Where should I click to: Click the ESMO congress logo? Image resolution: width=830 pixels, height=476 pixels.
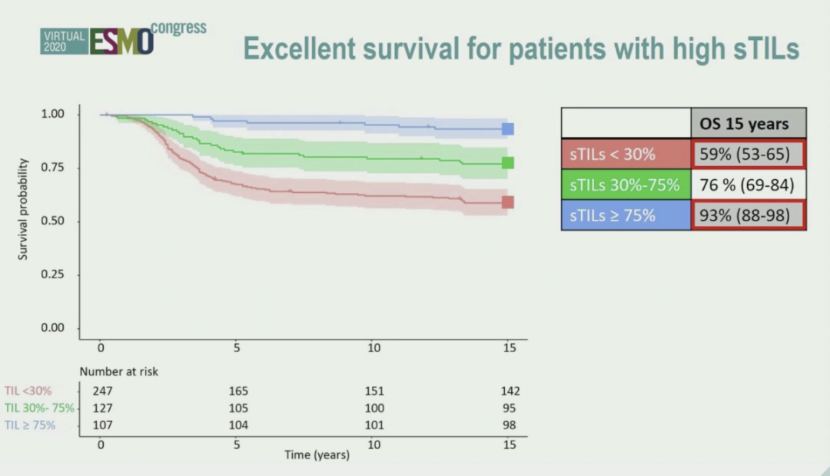[123, 38]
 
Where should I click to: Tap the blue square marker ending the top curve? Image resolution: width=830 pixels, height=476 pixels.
[508, 129]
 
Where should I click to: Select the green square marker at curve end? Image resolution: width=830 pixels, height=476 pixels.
[508, 163]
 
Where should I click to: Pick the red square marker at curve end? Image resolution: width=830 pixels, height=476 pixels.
[508, 202]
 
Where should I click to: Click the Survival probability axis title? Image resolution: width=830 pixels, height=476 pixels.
[23, 209]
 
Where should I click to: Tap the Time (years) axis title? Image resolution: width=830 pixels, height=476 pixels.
[317, 454]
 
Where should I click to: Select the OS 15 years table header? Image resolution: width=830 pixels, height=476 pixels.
[749, 124]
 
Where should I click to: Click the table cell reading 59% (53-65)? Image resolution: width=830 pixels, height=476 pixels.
[749, 155]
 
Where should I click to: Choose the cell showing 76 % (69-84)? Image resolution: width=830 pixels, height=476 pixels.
[749, 185]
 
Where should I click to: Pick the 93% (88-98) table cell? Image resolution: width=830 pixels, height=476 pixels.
[749, 216]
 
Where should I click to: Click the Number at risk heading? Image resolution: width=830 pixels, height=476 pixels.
[118, 372]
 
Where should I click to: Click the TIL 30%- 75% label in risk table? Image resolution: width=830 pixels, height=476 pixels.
[39, 408]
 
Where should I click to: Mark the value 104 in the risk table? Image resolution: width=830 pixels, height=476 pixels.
[237, 425]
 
